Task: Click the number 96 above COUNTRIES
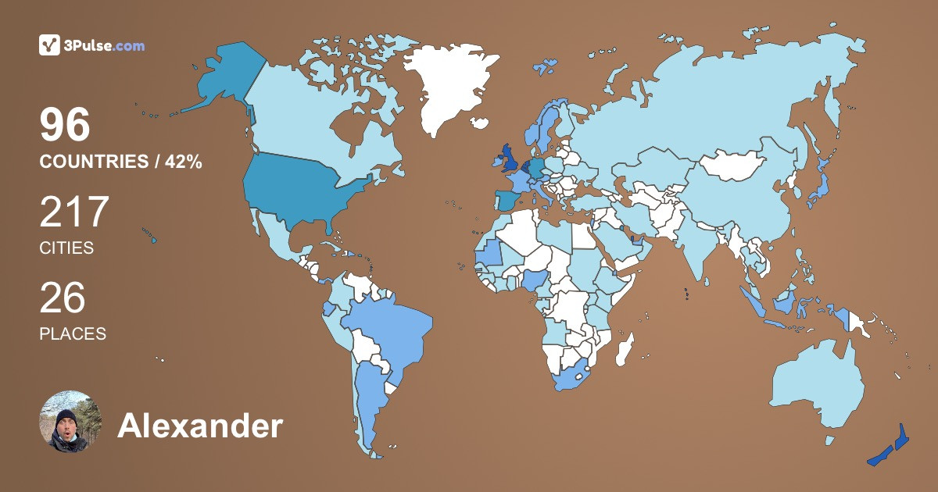tap(66, 125)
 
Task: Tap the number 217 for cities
tap(74, 212)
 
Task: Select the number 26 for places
tap(63, 298)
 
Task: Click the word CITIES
tap(66, 248)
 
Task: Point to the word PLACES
tap(73, 333)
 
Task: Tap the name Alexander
tap(199, 426)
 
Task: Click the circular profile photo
tap(70, 422)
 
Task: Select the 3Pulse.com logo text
tap(106, 45)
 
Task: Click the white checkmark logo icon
tap(50, 45)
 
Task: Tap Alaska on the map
tap(227, 78)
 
